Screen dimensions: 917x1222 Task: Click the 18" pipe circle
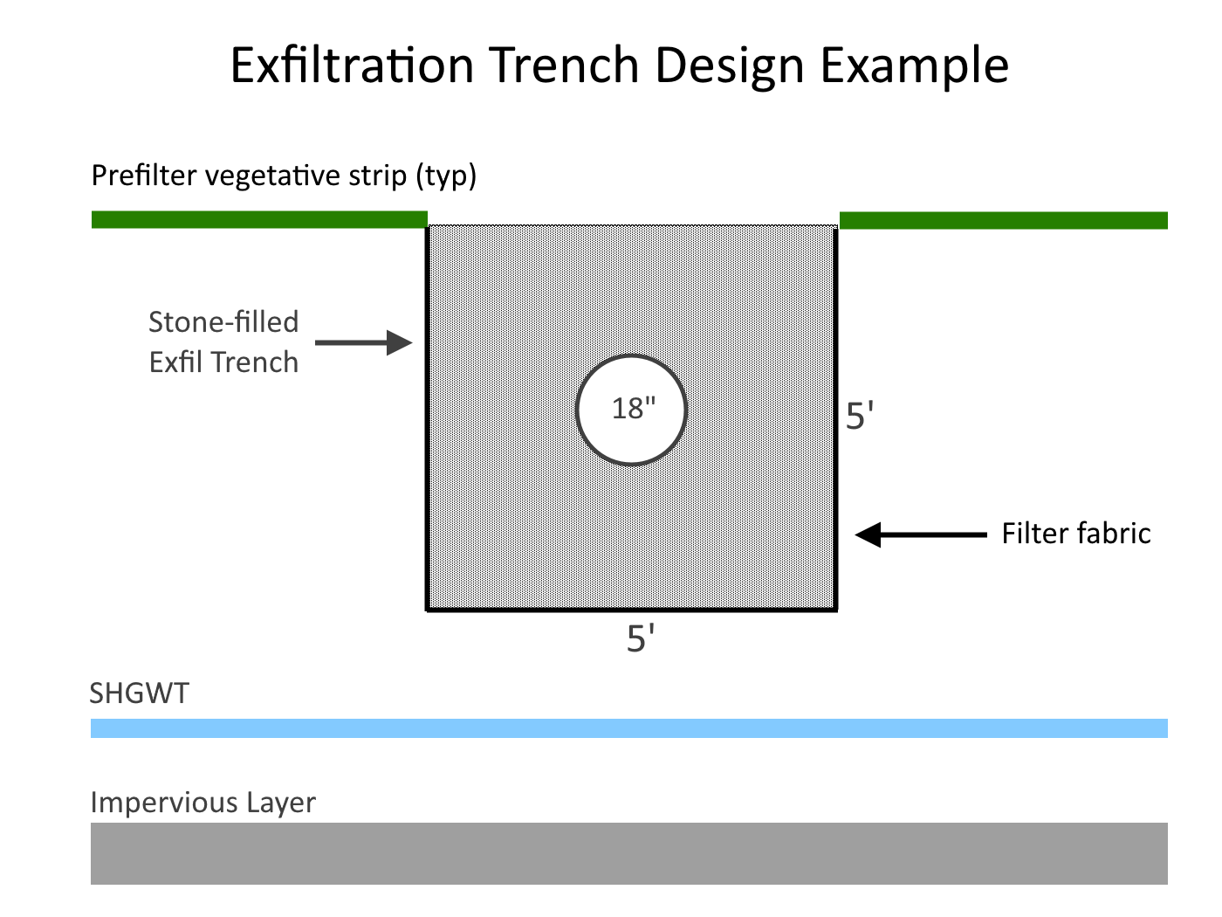pyautogui.click(x=632, y=409)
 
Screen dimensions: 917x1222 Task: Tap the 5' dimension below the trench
pyautogui.click(x=641, y=639)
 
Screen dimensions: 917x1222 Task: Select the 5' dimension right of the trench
pyautogui.click(x=860, y=416)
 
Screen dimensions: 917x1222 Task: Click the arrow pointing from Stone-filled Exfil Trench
pyautogui.click(x=363, y=342)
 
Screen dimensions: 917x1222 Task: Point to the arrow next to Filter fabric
pyautogui.click(x=920, y=534)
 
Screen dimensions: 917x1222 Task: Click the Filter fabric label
pyautogui.click(x=1075, y=533)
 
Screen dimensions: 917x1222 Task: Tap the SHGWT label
pyautogui.click(x=140, y=693)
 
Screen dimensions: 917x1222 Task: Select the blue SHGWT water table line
pyautogui.click(x=628, y=728)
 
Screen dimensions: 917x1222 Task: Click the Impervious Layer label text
pyautogui.click(x=203, y=802)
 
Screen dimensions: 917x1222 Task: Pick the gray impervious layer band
pyautogui.click(x=628, y=853)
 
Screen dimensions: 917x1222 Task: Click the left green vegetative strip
pyautogui.click(x=259, y=219)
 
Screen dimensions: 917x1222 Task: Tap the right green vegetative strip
pyautogui.click(x=1003, y=220)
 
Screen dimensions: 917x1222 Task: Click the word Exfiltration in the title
pyautogui.click(x=351, y=65)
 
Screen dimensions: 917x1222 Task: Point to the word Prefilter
pyautogui.click(x=144, y=176)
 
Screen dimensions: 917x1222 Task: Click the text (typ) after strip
pyautogui.click(x=446, y=176)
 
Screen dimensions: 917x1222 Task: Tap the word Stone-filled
pyautogui.click(x=223, y=321)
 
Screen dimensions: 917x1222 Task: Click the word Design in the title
pyautogui.click(x=728, y=65)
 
